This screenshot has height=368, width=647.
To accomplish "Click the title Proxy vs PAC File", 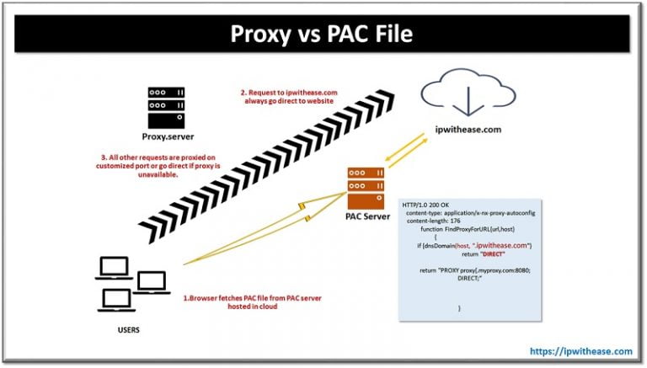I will (323, 36).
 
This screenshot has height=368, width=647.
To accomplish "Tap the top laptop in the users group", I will (116, 268).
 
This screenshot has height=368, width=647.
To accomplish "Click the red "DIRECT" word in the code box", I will (478, 253).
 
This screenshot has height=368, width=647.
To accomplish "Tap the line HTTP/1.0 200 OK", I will (430, 205).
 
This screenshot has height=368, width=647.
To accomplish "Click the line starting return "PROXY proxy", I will (479, 270).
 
